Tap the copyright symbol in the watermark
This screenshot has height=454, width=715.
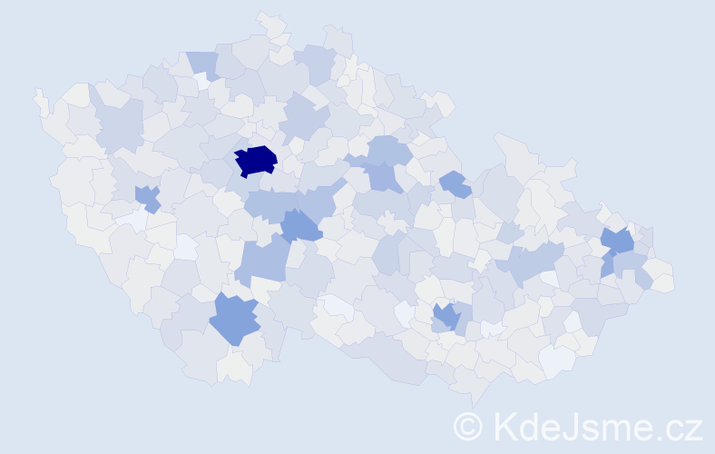click(469, 426)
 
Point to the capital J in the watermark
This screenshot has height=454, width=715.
click(586, 426)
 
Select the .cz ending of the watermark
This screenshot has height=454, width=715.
click(681, 427)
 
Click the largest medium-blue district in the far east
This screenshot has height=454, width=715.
click(619, 241)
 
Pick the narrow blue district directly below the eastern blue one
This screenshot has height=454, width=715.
click(607, 267)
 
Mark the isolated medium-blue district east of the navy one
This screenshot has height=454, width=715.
click(455, 184)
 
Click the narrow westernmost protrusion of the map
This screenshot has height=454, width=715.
click(39, 98)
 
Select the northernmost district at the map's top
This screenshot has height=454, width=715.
click(269, 23)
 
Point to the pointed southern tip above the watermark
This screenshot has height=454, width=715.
click(473, 400)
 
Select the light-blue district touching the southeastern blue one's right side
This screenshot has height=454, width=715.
click(462, 318)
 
